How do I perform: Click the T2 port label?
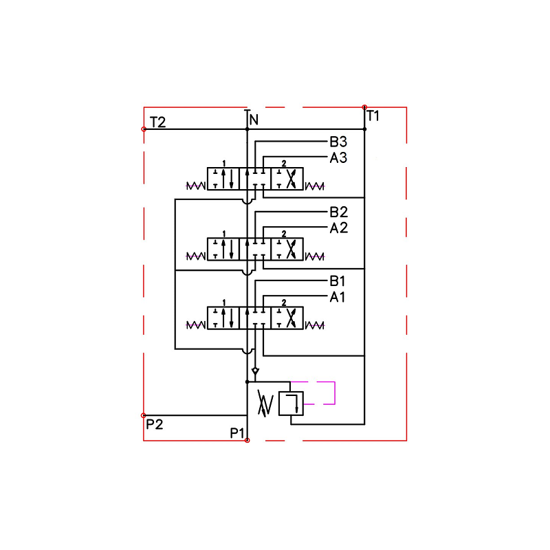click(x=157, y=122)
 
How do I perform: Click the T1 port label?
click(x=373, y=115)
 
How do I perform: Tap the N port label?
click(x=254, y=120)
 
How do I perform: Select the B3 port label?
click(x=338, y=142)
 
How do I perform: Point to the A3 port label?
click(x=338, y=158)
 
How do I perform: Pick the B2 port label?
click(x=338, y=212)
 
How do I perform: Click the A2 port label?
click(x=339, y=228)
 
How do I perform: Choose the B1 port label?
click(x=338, y=281)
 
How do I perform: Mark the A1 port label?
click(x=338, y=297)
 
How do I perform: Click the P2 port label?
click(x=155, y=424)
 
